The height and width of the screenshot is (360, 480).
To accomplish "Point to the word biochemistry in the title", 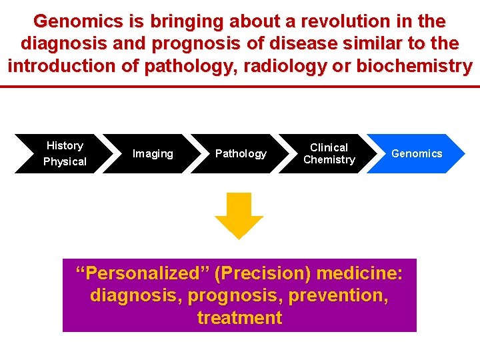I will [x=414, y=67].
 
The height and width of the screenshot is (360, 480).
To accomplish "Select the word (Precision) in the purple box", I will [x=263, y=273].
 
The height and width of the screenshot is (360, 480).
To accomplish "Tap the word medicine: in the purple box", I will [x=359, y=273].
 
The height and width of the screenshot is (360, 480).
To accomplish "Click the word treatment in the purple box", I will [x=239, y=317].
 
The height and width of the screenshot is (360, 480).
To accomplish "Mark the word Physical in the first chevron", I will [x=65, y=161].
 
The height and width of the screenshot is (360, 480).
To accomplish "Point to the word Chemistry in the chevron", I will [x=329, y=160].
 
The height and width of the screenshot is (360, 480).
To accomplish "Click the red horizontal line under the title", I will [x=240, y=87].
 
